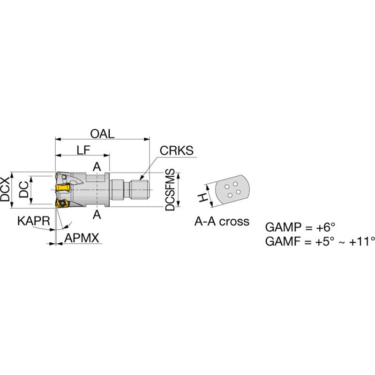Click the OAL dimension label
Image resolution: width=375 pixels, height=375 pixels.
coord(102,134)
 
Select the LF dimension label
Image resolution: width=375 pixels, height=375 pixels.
coord(83,150)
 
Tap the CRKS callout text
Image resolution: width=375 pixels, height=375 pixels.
coord(177,150)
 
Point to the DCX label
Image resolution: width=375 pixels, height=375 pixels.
coord(5,189)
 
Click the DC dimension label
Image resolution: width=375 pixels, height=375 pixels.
coord(24,189)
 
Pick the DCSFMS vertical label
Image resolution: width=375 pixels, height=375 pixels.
coord(170,190)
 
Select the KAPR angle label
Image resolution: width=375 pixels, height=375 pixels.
coord(34,221)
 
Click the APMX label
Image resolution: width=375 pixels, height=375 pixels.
coord(82,238)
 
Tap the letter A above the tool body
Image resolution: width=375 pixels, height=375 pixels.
coord(97,167)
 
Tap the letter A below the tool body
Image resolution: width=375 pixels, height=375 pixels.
coord(97,215)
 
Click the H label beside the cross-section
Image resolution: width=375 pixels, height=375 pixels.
coord(202,197)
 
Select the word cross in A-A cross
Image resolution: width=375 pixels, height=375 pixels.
coord(234,221)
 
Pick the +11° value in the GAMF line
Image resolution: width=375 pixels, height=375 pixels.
coord(362,241)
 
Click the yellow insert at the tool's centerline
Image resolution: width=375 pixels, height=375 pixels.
coord(63,187)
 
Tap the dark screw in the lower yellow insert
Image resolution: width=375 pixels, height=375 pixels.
coord(63,203)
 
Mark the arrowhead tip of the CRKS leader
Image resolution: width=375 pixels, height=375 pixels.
coord(140,180)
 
